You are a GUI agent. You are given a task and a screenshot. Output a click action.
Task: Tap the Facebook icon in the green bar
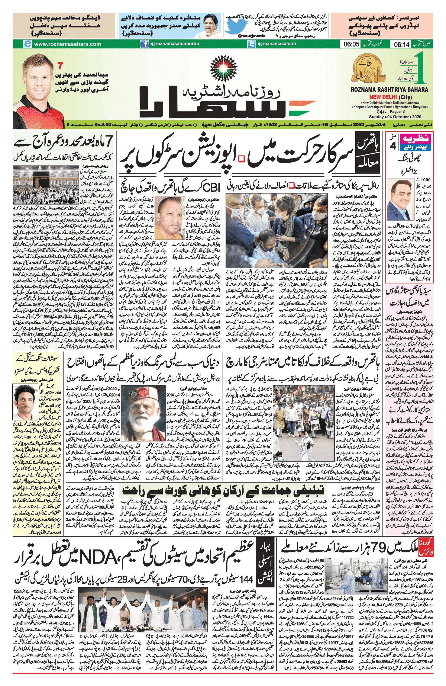[144, 44]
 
